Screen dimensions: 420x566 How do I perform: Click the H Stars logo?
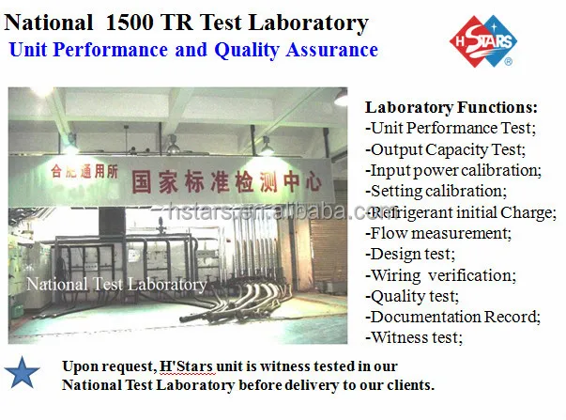[480, 41]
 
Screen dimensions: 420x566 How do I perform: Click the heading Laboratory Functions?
[451, 107]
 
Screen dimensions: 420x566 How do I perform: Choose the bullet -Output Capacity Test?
[444, 148]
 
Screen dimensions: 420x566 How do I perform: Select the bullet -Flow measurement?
[436, 232]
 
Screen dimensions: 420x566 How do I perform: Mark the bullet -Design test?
[410, 253]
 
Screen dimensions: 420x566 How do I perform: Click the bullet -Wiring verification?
[440, 274]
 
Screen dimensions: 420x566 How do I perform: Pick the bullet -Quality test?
[412, 295]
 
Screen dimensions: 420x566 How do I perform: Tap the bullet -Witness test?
[414, 336]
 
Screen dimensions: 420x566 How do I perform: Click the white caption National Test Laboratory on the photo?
[116, 283]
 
